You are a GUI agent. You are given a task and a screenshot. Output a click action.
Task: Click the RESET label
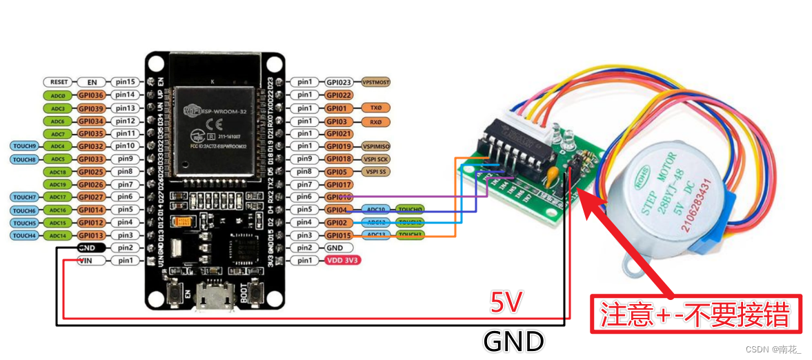(59, 82)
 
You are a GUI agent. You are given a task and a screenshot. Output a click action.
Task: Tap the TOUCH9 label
(25, 146)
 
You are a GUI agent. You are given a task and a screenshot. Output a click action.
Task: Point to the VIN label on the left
(87, 261)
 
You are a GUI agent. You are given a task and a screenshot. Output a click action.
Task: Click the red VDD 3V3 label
(343, 261)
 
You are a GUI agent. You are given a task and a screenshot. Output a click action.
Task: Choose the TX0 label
(375, 108)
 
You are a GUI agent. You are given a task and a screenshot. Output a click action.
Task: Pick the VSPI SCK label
(376, 159)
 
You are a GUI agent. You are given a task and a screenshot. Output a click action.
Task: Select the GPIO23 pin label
(339, 82)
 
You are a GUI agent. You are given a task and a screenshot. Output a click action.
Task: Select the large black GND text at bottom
(513, 341)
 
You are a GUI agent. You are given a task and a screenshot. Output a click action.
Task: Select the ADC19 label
(59, 184)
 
